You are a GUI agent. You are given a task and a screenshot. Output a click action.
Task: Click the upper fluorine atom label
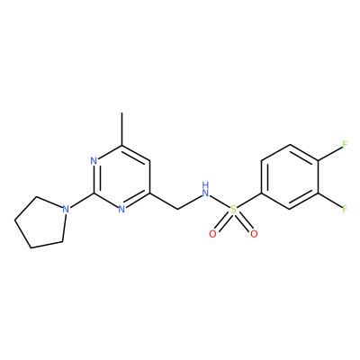(x=345, y=144)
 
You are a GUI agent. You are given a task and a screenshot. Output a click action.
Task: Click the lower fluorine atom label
(x=345, y=209)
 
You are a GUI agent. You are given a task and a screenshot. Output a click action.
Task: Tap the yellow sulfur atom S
(x=233, y=209)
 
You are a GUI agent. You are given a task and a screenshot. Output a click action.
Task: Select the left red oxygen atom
(x=212, y=234)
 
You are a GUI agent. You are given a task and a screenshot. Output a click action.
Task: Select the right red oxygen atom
(x=254, y=234)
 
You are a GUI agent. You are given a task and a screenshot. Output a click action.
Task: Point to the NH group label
(x=205, y=190)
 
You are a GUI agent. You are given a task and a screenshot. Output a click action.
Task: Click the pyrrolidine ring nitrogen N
(x=66, y=209)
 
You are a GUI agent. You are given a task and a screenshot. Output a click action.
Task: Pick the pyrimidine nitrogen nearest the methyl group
(x=94, y=161)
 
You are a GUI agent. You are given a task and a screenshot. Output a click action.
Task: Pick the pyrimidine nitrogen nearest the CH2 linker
(x=121, y=209)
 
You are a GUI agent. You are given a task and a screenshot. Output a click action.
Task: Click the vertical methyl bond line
(x=121, y=129)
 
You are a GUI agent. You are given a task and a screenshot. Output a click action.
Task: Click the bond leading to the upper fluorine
(x=329, y=154)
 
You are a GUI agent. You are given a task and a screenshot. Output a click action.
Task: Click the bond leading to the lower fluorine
(x=329, y=200)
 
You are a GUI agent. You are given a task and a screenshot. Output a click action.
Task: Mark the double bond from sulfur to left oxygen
(x=223, y=221)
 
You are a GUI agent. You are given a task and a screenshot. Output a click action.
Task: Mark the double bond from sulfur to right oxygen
(x=244, y=221)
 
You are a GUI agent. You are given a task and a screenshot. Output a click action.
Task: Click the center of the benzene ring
(x=290, y=177)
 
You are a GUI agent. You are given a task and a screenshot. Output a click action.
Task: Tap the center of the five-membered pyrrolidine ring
(x=42, y=222)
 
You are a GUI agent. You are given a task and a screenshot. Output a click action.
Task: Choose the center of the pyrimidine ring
(x=121, y=177)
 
